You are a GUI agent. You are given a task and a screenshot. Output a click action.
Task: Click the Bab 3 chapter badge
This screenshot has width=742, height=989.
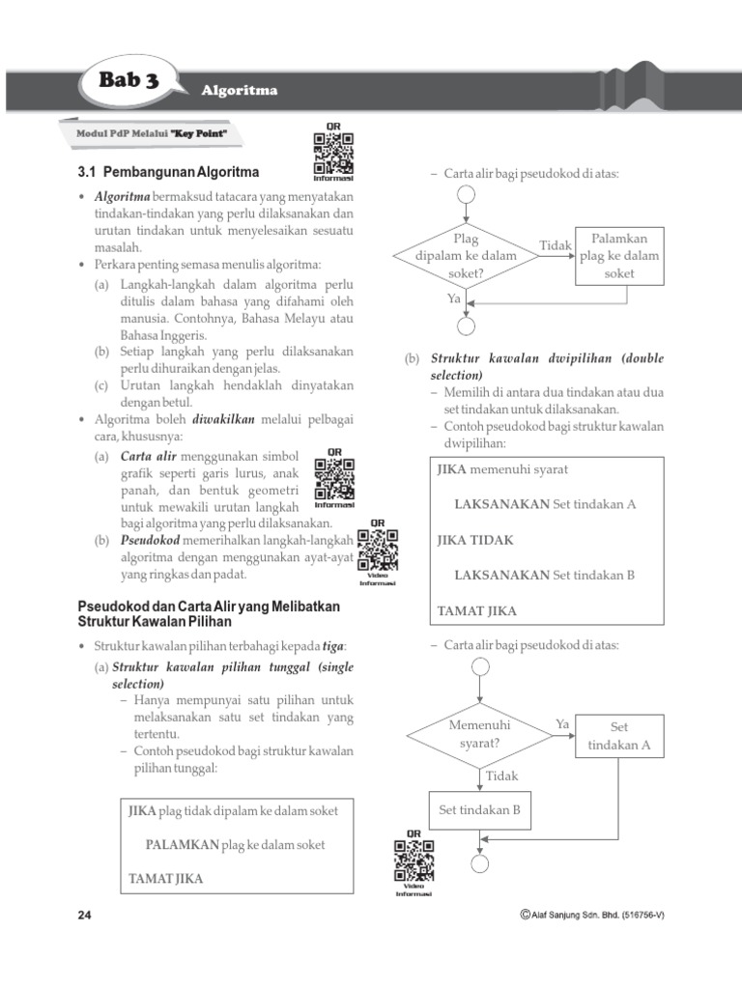(128, 81)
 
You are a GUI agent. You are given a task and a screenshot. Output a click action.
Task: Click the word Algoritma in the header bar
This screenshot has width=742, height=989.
(240, 91)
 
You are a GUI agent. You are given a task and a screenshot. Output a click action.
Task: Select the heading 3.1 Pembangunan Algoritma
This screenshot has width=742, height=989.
(168, 173)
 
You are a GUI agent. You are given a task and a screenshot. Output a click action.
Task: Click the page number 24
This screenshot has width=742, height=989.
(84, 916)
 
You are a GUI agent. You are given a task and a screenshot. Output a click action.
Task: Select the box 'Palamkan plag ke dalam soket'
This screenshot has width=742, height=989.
(619, 256)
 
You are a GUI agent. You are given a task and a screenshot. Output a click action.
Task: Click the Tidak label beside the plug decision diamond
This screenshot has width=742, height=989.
(556, 245)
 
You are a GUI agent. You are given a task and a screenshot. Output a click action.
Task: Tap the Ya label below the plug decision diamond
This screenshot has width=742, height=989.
(454, 298)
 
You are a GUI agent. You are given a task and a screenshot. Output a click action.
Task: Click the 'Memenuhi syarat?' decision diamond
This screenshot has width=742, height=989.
(480, 734)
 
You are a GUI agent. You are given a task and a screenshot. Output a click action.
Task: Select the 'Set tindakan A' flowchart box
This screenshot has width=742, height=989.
(619, 736)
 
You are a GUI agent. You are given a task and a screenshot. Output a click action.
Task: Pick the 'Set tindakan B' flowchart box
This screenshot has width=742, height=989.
(480, 810)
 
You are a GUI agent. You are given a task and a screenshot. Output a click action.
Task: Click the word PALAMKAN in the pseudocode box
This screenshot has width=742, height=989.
(183, 845)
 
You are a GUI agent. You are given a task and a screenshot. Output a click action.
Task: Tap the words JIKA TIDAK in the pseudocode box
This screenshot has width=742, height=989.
(475, 540)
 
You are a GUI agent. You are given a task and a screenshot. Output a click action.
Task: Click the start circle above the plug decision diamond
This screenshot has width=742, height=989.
(466, 194)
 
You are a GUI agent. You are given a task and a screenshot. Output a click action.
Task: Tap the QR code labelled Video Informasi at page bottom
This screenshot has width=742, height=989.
(414, 860)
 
